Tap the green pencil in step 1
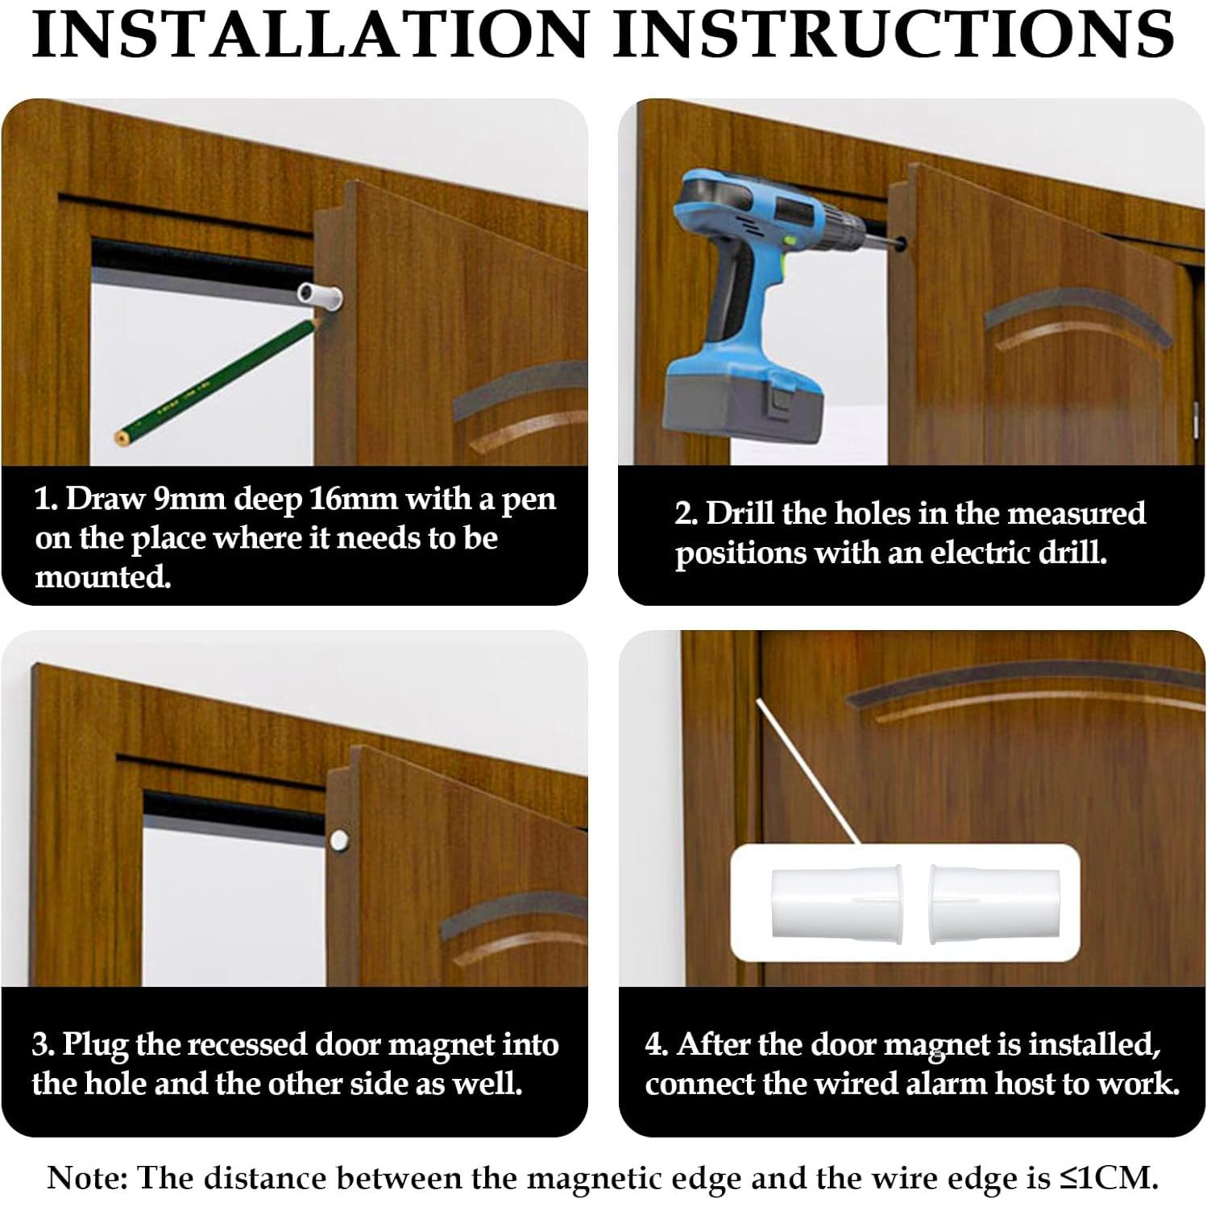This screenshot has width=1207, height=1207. pyautogui.click(x=215, y=378)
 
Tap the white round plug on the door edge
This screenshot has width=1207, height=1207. pyautogui.click(x=339, y=843)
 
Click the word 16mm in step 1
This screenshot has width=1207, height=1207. pyautogui.click(x=353, y=500)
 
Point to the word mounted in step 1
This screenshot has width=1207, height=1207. pyautogui.click(x=102, y=578)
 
